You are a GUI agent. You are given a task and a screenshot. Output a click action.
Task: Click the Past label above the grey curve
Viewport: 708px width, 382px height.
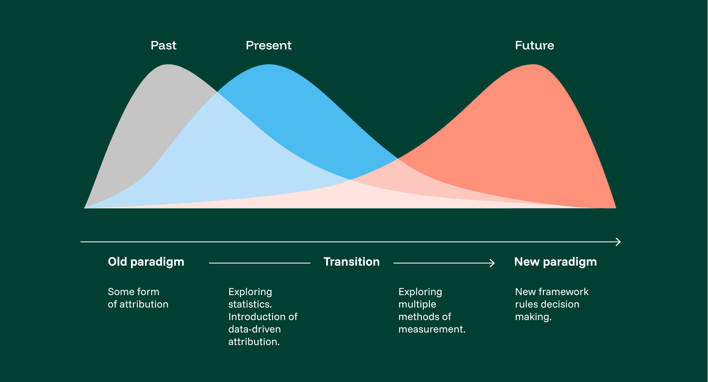pyautogui.click(x=163, y=45)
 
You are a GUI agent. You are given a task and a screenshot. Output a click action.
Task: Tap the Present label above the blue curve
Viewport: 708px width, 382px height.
pyautogui.click(x=269, y=45)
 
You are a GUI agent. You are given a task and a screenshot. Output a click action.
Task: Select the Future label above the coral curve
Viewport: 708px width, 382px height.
pyautogui.click(x=534, y=45)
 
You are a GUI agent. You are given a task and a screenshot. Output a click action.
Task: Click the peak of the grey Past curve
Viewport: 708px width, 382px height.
pyautogui.click(x=168, y=65)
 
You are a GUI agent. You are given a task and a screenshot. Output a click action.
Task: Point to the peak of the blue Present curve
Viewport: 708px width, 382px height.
pyautogui.click(x=269, y=65)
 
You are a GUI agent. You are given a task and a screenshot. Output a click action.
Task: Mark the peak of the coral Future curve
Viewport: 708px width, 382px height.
pyautogui.click(x=533, y=65)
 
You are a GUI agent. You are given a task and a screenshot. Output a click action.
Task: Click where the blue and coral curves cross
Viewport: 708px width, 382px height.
pyautogui.click(x=398, y=158)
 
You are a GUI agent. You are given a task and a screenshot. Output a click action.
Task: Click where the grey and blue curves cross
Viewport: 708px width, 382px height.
pyautogui.click(x=217, y=93)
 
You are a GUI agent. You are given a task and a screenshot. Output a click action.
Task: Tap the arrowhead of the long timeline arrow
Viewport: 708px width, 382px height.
pyautogui.click(x=619, y=242)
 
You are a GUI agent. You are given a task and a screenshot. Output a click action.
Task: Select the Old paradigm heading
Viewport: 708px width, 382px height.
pyautogui.click(x=146, y=262)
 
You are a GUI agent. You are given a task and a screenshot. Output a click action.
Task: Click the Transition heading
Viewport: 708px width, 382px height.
pyautogui.click(x=351, y=262)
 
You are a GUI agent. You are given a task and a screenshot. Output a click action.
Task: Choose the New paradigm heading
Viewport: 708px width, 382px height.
pyautogui.click(x=555, y=262)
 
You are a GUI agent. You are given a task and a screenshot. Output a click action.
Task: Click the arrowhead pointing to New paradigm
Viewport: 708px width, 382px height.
pyautogui.click(x=493, y=263)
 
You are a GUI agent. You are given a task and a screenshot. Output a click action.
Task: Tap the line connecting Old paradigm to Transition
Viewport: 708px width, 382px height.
pyautogui.click(x=259, y=263)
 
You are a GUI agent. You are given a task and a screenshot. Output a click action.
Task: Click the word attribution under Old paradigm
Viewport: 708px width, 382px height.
pyautogui.click(x=143, y=305)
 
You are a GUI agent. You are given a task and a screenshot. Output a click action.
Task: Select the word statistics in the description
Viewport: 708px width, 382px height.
pyautogui.click(x=249, y=305)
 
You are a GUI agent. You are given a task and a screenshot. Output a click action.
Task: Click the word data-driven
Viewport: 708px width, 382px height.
pyautogui.click(x=254, y=330)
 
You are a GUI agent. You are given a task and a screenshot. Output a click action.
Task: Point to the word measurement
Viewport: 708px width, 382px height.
pyautogui.click(x=431, y=330)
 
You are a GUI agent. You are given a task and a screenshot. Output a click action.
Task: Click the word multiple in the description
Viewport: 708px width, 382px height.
pyautogui.click(x=417, y=305)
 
